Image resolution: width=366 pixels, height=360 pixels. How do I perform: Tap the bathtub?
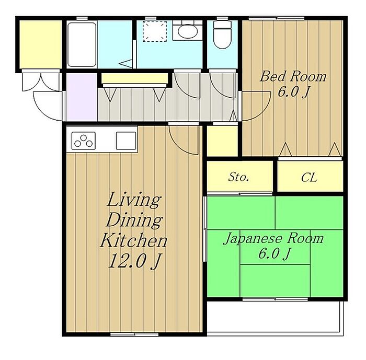[82, 44]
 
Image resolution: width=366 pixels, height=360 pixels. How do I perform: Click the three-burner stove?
[83, 141]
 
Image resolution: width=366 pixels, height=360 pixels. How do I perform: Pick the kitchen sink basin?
[126, 141]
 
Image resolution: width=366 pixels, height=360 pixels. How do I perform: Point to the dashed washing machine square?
[155, 31]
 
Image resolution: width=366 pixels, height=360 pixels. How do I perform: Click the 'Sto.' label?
[238, 177]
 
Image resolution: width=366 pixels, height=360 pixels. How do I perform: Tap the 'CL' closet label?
[309, 177]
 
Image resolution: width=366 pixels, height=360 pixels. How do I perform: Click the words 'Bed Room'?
[293, 76]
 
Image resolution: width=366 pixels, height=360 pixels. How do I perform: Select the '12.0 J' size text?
[135, 261]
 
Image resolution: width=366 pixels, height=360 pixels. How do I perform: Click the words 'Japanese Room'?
[273, 238]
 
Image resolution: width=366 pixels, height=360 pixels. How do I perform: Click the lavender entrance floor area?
[82, 97]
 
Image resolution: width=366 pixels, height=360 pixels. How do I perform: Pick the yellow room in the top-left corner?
[40, 44]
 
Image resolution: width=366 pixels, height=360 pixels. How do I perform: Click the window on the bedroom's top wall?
[277, 18]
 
